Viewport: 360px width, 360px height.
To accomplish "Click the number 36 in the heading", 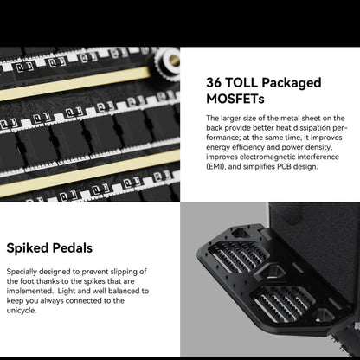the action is [214, 82].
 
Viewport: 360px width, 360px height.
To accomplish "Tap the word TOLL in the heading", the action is [241, 82].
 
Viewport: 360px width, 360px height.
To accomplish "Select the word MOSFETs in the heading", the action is [235, 99].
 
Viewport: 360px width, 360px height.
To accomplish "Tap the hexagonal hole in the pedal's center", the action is [272, 271].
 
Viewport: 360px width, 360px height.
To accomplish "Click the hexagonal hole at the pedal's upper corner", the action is [241, 233].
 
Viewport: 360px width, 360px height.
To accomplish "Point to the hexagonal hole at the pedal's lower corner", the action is [324, 315].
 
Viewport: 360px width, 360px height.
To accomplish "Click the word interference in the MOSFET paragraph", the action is [318, 157].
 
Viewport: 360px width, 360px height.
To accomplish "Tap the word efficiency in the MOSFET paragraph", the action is [248, 147].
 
